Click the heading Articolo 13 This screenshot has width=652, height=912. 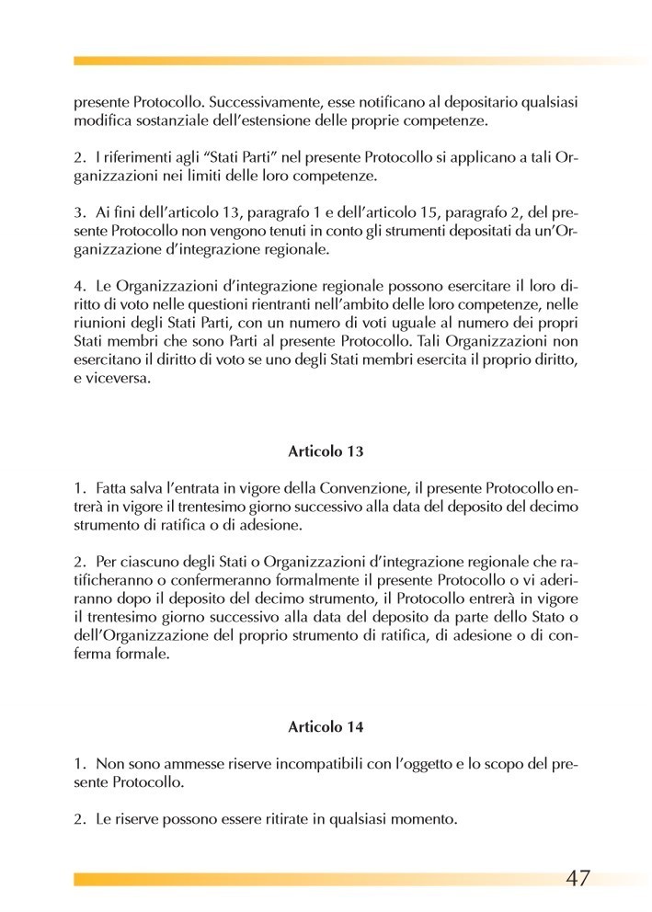[x=326, y=451]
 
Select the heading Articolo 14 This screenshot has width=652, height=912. [x=326, y=725]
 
